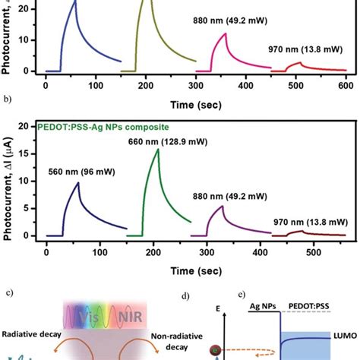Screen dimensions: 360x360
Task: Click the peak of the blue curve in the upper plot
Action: [75, 2]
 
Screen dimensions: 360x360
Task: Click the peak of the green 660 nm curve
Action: [158, 150]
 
